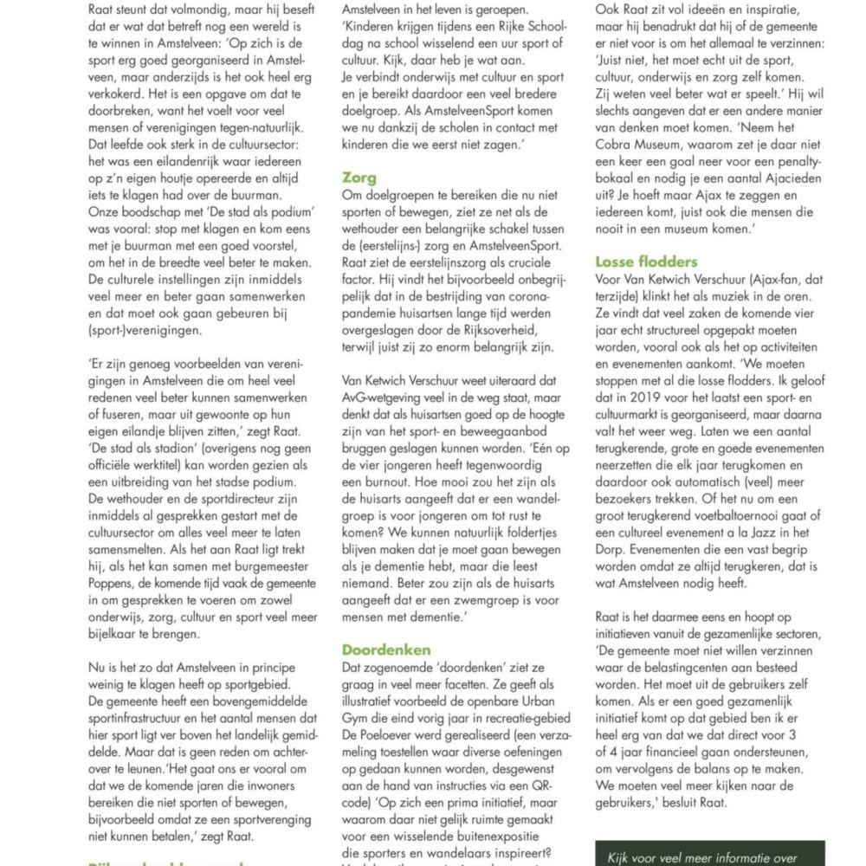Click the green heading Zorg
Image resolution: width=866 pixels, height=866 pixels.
click(x=359, y=178)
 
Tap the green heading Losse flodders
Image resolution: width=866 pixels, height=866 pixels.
click(x=647, y=261)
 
